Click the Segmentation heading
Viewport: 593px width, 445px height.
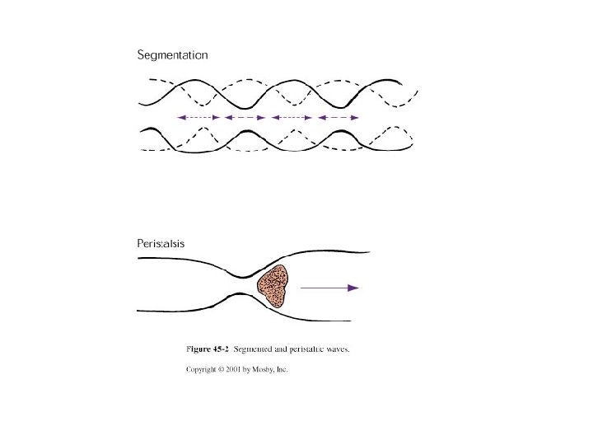[x=171, y=56]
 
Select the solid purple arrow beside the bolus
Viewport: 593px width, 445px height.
[x=329, y=288]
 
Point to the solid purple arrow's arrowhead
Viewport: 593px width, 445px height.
[x=354, y=288]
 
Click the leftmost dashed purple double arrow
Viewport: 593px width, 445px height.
[x=198, y=118]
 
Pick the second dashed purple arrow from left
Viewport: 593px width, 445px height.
[x=245, y=118]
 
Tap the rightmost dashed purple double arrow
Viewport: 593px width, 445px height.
[x=339, y=118]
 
